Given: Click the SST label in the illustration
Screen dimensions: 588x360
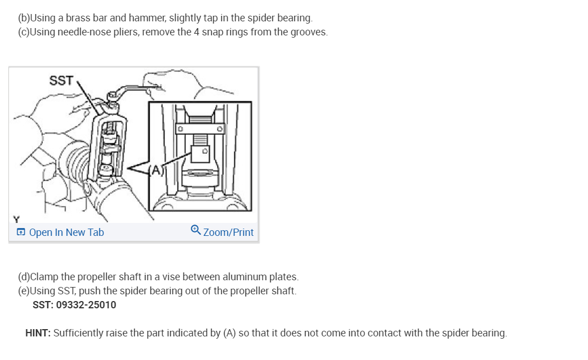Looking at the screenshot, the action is coord(61,81).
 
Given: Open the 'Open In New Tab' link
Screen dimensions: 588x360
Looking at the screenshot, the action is coord(66,233).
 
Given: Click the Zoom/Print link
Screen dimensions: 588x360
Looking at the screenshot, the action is coord(228,233).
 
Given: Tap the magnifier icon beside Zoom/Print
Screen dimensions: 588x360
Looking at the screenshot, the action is coord(195,231).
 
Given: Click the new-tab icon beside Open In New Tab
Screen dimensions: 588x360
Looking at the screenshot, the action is coord(21,233).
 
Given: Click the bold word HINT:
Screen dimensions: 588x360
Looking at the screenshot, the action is coord(38,333).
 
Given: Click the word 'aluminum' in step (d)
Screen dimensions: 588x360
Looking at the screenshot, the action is coord(245,277).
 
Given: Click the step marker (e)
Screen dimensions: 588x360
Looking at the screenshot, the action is coord(24,291).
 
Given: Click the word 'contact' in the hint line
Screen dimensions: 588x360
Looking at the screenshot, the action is coord(379,333).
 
